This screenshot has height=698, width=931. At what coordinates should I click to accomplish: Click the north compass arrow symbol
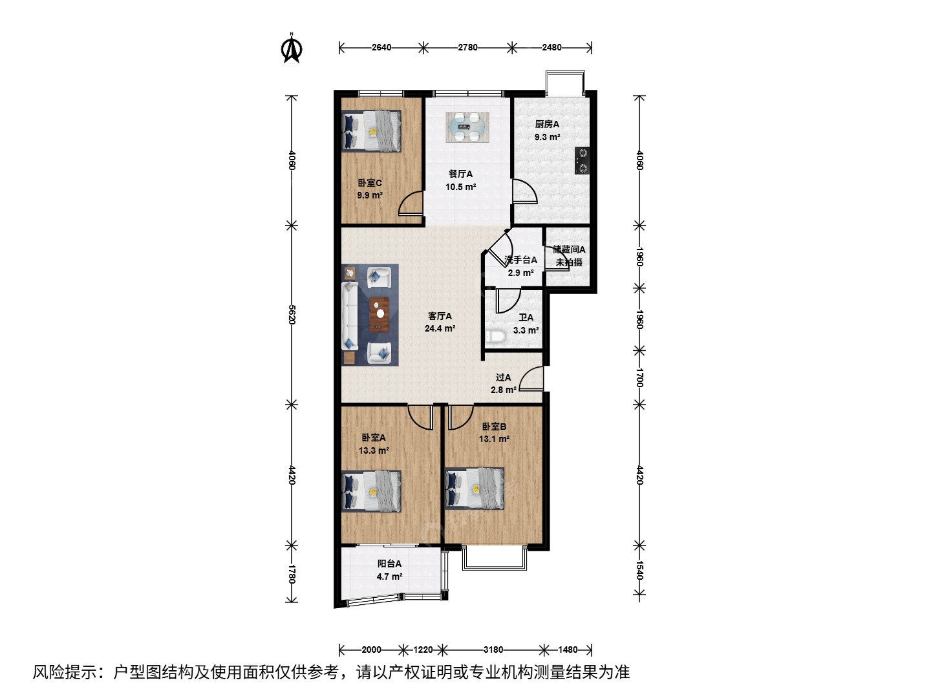(x=292, y=48)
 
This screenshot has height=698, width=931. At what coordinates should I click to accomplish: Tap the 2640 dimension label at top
(x=381, y=47)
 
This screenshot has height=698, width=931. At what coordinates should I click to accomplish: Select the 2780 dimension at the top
(x=467, y=47)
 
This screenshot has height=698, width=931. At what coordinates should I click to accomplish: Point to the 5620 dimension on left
(x=292, y=315)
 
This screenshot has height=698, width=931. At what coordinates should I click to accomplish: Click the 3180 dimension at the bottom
(x=493, y=650)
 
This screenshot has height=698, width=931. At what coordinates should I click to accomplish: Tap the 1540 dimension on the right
(x=639, y=571)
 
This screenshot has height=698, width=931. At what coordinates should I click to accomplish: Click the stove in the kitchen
(x=582, y=161)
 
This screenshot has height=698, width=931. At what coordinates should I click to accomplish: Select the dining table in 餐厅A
(x=467, y=127)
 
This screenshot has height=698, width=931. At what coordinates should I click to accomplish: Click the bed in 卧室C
(x=372, y=130)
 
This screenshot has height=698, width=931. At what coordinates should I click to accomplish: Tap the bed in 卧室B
(x=474, y=489)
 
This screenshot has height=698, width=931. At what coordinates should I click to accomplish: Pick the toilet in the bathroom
(x=496, y=337)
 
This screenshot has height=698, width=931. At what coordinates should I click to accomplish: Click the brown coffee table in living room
(x=380, y=315)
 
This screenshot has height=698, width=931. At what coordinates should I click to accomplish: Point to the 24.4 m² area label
(x=440, y=328)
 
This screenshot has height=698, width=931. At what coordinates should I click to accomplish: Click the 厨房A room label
(x=547, y=124)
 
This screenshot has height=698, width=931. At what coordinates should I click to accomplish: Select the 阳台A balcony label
(x=389, y=564)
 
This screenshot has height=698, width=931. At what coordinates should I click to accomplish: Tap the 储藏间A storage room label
(x=569, y=249)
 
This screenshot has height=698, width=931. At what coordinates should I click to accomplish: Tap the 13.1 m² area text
(x=494, y=439)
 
